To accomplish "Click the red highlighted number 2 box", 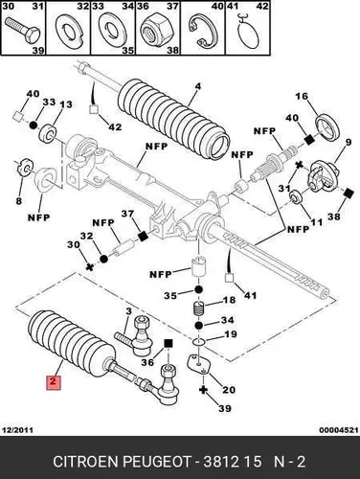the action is click(x=54, y=382).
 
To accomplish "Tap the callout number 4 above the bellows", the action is click(x=197, y=86).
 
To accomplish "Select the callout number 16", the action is click(x=302, y=96).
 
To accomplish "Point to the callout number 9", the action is click(x=348, y=142).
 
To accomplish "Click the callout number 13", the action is click(x=65, y=104).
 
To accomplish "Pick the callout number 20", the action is click(x=229, y=390).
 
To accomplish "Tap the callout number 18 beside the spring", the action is click(x=229, y=300).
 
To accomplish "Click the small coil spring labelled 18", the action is click(x=198, y=309).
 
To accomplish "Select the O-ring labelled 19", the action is click(x=198, y=342).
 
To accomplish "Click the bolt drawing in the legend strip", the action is click(x=23, y=33).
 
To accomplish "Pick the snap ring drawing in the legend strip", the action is click(x=202, y=32).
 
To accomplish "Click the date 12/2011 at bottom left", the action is click(x=17, y=430).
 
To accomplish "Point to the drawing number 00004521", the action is click(x=338, y=430).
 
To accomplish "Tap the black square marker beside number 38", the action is click(x=349, y=193).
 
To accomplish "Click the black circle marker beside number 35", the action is click(x=198, y=290).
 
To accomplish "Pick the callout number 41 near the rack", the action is click(x=250, y=295).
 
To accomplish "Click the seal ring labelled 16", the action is click(x=328, y=127).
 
